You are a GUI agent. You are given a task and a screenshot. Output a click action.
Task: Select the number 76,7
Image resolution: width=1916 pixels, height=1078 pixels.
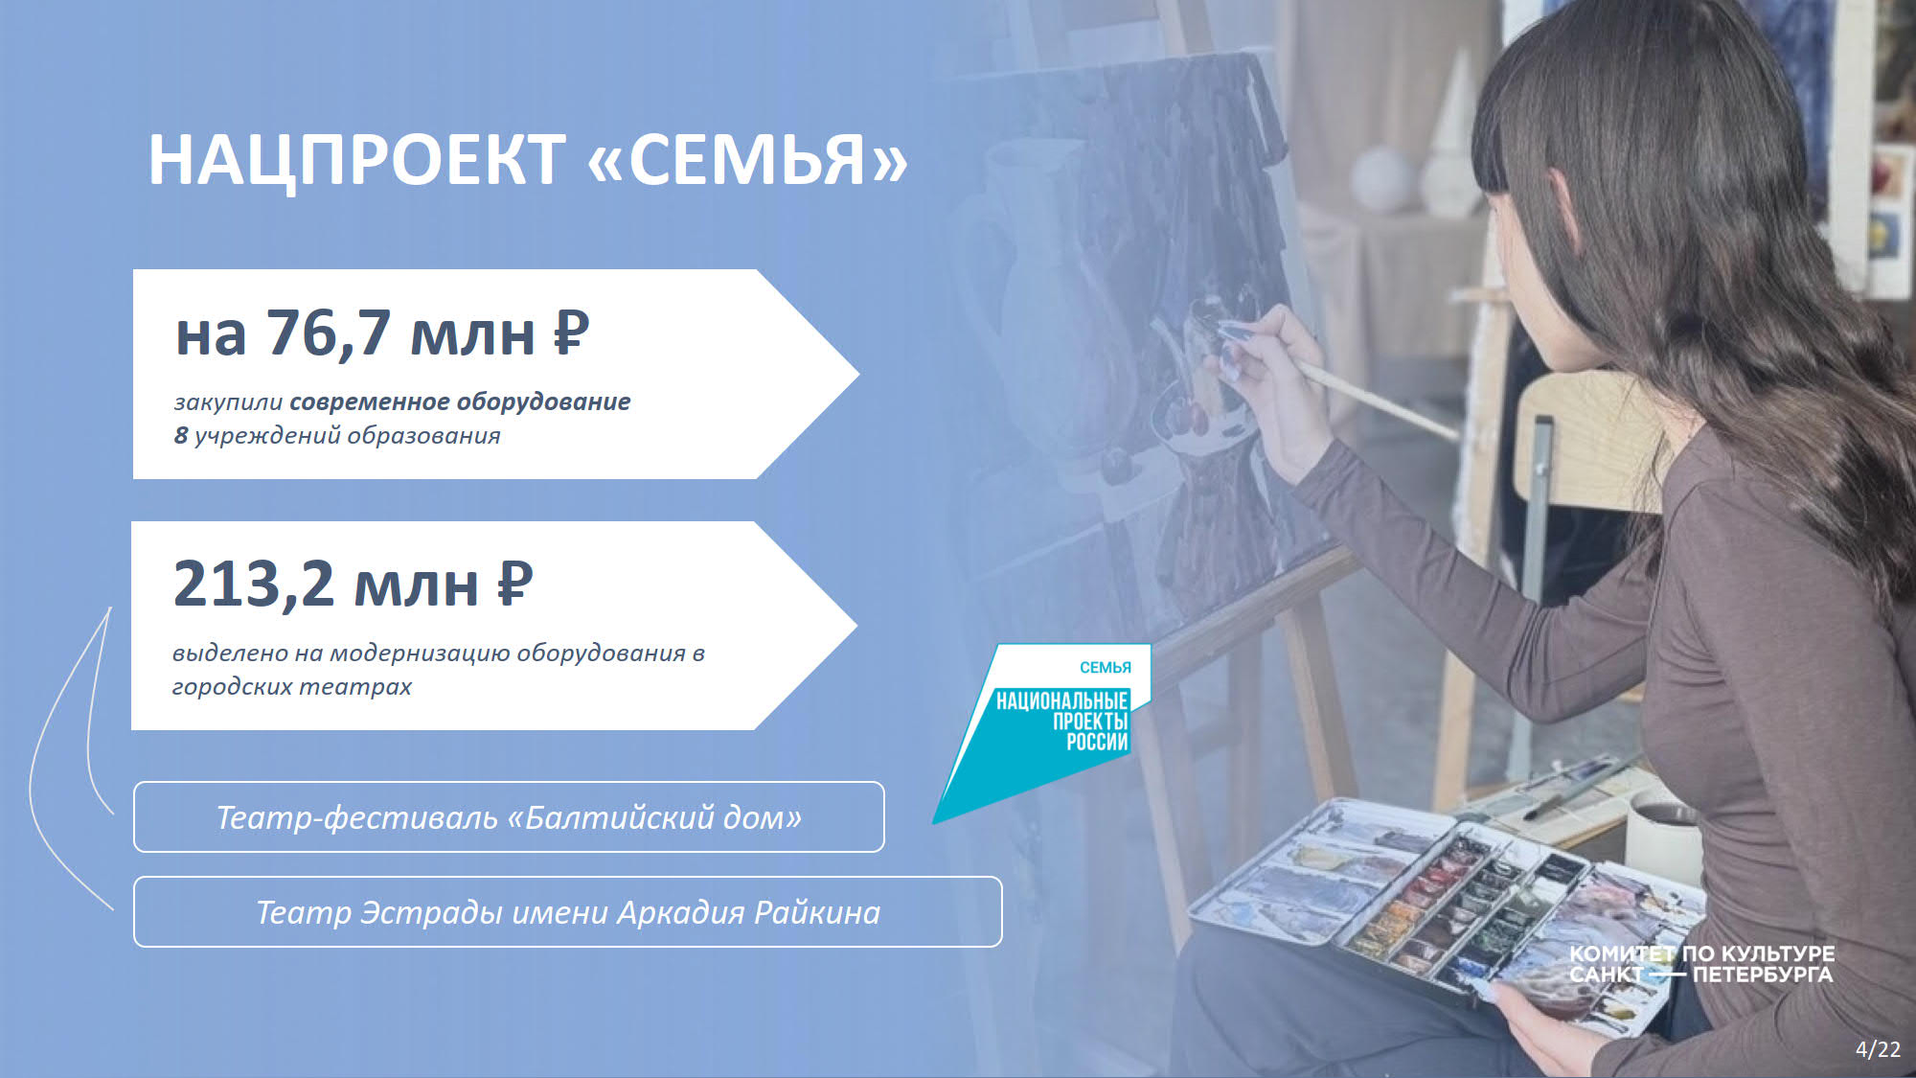tap(329, 334)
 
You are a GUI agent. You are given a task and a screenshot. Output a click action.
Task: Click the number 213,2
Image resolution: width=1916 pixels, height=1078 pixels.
tap(254, 584)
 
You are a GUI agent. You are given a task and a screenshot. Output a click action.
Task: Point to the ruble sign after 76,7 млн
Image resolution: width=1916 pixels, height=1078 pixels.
tap(571, 333)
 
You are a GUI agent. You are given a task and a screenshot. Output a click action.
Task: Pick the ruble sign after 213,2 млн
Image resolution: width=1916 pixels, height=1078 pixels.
tap(514, 583)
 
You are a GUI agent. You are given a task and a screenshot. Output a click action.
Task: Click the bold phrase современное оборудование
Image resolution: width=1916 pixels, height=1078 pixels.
tap(460, 402)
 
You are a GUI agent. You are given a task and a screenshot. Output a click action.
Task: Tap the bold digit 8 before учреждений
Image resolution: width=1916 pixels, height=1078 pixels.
tap(181, 435)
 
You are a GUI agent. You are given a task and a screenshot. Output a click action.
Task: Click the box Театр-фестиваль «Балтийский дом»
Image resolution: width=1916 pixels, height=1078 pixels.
tap(509, 817)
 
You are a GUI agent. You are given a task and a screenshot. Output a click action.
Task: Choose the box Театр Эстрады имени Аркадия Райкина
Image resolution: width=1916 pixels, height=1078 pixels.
tap(568, 912)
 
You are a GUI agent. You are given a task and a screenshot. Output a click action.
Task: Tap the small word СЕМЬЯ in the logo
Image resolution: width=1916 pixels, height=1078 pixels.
tap(1106, 668)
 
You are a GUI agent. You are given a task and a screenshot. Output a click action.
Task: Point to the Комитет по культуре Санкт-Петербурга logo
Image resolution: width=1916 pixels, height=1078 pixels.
tap(1701, 964)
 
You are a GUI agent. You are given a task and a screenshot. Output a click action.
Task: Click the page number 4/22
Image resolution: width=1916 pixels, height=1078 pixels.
tap(1878, 1049)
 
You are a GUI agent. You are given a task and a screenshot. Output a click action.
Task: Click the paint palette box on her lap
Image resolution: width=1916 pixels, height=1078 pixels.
tap(1447, 901)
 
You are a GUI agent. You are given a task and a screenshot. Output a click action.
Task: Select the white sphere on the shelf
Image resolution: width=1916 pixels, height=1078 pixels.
tap(1382, 179)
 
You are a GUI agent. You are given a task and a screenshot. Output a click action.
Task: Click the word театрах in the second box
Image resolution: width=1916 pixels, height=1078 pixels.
tap(354, 687)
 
